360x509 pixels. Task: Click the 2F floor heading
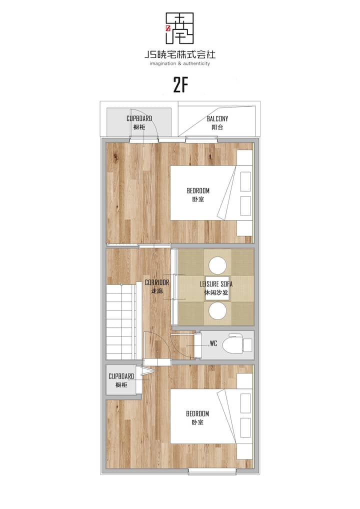point(180,85)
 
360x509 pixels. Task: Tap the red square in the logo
point(168,28)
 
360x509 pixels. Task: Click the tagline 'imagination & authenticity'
point(180,63)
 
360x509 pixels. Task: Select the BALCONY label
point(217,119)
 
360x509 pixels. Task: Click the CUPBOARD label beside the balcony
point(139,118)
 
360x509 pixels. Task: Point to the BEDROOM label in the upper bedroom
point(197,190)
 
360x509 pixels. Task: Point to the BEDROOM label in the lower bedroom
point(197,413)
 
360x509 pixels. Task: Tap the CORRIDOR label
point(157,282)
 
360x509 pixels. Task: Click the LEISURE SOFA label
point(216,284)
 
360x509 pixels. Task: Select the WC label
point(213,343)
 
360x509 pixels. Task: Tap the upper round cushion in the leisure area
point(217,265)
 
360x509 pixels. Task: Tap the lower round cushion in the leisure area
point(217,310)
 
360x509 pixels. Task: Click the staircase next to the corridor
point(121,321)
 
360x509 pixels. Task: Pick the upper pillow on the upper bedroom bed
point(245,181)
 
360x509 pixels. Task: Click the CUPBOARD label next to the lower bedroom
point(121,376)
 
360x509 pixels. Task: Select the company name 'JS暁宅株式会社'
point(180,54)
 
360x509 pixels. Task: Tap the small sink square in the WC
point(247,344)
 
